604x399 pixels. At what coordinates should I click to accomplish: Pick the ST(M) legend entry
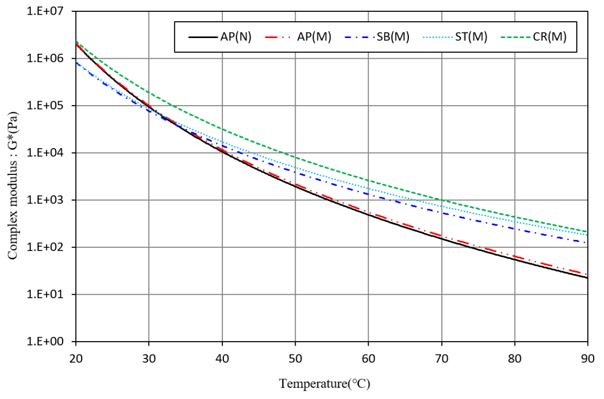[470, 37]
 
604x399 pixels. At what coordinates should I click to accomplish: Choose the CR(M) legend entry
[549, 37]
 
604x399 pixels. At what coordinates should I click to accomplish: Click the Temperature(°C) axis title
[325, 384]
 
